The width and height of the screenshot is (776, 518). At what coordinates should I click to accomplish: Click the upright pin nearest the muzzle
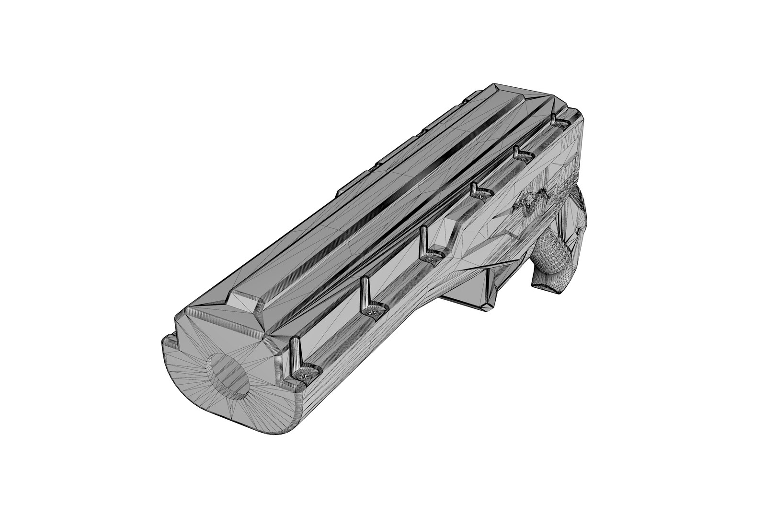[x=295, y=354]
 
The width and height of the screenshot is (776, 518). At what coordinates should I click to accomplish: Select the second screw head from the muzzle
[x=374, y=312]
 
